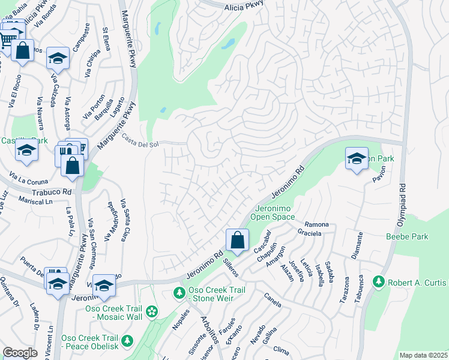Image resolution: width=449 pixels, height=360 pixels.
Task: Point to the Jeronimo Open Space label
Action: coord(271,212)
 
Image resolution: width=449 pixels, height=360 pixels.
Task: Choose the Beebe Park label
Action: coord(408,236)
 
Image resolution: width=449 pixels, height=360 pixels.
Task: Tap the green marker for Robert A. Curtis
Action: coord(378,281)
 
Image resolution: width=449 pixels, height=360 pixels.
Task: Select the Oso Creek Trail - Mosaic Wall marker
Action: coord(152,311)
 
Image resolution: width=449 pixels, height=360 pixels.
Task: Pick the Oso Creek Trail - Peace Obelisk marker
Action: coord(127,341)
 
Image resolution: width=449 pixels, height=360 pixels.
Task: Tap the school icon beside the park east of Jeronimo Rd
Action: coord(357,158)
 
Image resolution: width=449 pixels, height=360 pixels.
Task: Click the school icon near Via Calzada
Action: coord(58,58)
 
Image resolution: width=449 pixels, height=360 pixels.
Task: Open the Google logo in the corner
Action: coord(20,353)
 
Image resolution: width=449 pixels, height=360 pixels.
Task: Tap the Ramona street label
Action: coord(317,224)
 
